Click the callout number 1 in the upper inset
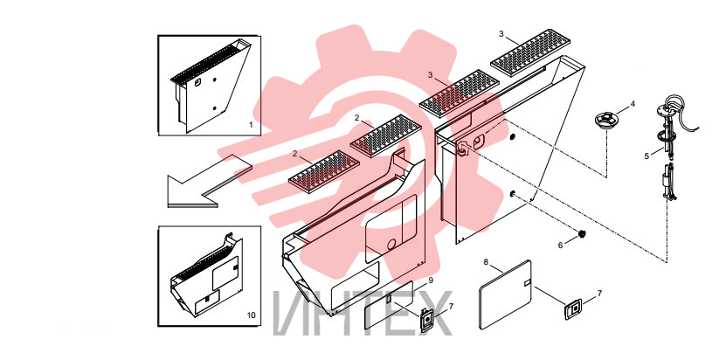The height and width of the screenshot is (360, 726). click(x=251, y=125)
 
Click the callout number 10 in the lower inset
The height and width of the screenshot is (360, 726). click(x=251, y=315)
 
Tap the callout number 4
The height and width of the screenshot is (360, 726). click(x=633, y=104)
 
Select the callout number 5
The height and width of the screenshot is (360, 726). click(x=646, y=156)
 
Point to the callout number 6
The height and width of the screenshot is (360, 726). click(x=560, y=246)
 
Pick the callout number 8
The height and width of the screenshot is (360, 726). click(x=486, y=262)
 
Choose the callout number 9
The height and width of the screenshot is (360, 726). click(x=430, y=280)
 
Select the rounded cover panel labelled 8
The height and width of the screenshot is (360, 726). click(x=505, y=294)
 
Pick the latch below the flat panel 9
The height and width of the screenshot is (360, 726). click(x=426, y=320)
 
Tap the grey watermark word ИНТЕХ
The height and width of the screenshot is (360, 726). click(x=363, y=314)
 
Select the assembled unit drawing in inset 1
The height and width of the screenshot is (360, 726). click(x=211, y=86)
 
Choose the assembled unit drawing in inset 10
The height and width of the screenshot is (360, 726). click(x=206, y=276)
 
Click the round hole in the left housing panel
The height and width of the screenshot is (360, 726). click(x=391, y=244)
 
